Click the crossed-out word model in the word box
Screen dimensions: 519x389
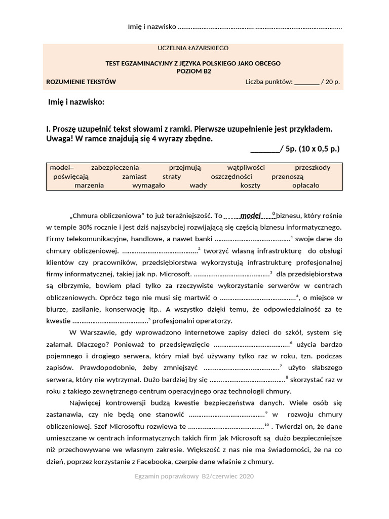pos(62,167)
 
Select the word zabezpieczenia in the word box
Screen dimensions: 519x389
pos(115,167)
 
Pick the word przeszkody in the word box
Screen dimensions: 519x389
pos(313,167)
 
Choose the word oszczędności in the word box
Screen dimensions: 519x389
pos(231,176)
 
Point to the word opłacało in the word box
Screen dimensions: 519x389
pos(306,186)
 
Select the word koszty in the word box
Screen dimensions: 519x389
pos(250,186)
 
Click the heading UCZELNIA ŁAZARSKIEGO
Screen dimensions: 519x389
pos(193,48)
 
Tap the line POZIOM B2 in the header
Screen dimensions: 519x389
pos(192,71)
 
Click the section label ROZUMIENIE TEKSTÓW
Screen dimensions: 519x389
pos(81,81)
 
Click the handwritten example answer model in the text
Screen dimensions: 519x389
pos(250,215)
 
